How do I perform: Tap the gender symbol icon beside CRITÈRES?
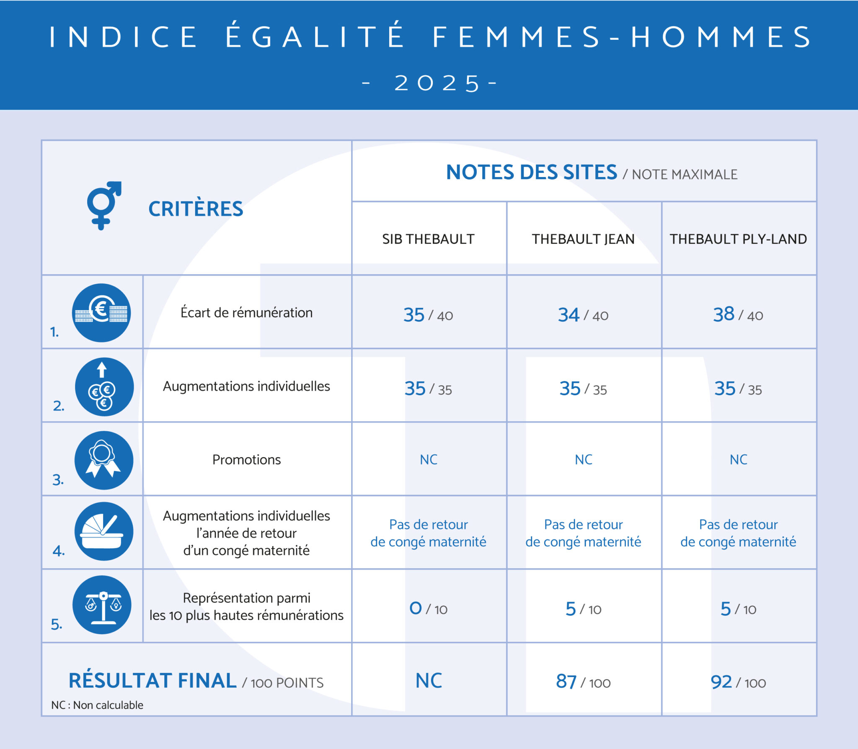click(x=103, y=205)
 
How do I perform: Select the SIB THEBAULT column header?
click(x=428, y=239)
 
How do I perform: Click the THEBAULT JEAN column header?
click(x=583, y=239)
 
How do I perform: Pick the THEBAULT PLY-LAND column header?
click(x=738, y=239)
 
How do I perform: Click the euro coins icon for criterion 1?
click(x=101, y=313)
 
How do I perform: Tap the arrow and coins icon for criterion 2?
click(x=104, y=386)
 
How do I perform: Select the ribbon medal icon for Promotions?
click(x=103, y=460)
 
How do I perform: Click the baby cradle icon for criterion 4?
click(x=103, y=531)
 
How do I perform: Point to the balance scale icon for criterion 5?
click(x=102, y=605)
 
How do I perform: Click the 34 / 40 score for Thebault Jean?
click(x=583, y=315)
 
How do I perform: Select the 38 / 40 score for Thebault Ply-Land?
click(x=738, y=314)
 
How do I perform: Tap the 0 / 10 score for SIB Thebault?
click(x=428, y=609)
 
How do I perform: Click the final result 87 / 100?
click(x=583, y=682)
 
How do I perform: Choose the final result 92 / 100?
click(x=738, y=682)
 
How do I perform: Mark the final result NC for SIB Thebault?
click(x=429, y=681)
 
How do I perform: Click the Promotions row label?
click(x=246, y=460)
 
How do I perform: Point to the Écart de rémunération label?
click(x=246, y=313)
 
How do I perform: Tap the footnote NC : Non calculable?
click(x=97, y=705)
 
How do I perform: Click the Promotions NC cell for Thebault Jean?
click(x=583, y=460)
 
